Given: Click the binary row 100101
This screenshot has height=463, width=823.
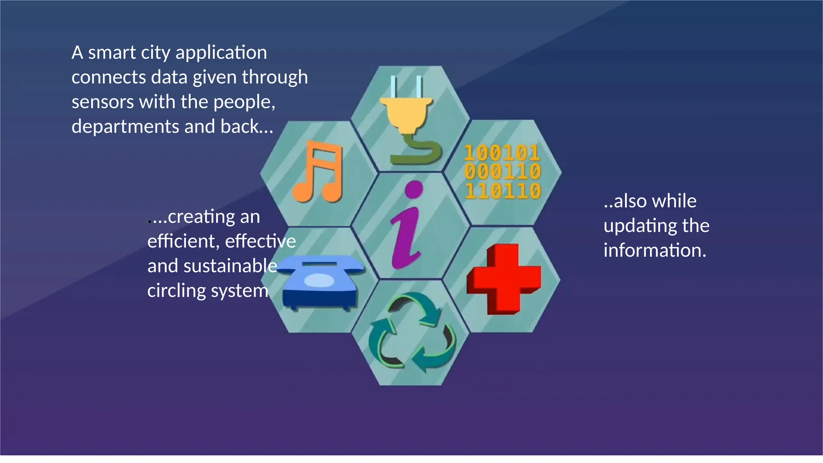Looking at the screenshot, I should tap(502, 153).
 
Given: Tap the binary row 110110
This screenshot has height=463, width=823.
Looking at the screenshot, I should tap(502, 191).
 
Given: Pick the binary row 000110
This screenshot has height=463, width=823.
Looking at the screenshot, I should tap(502, 172).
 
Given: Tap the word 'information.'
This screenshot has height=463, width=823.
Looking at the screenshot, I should tap(655, 250).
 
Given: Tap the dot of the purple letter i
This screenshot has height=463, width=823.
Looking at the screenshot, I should tap(414, 189).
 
